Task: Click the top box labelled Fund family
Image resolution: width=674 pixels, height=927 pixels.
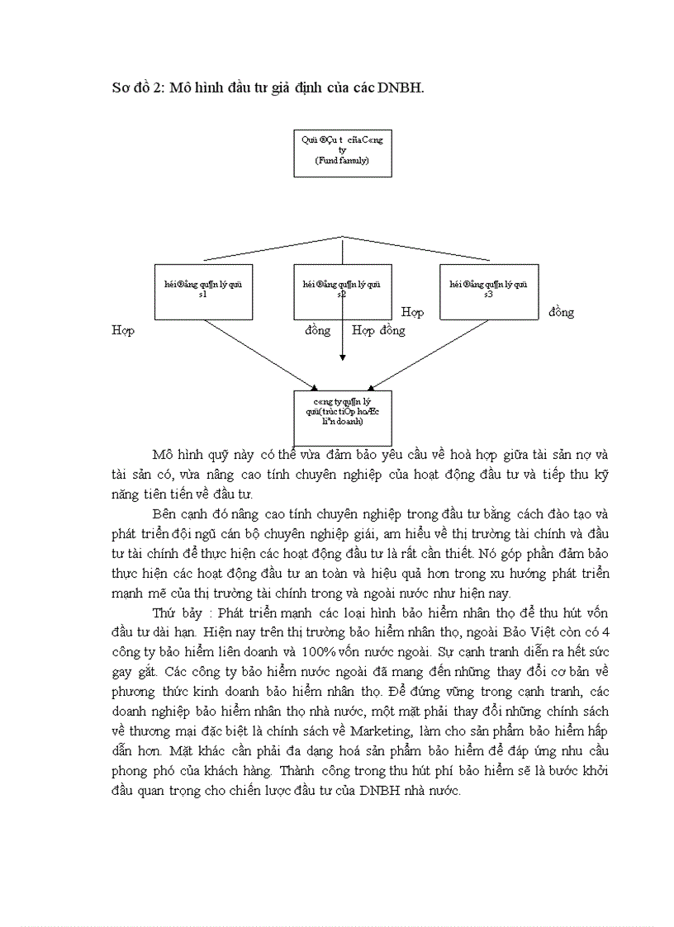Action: click(342, 153)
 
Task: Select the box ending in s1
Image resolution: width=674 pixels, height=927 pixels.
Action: click(203, 291)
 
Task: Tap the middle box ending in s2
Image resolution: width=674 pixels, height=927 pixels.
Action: click(342, 291)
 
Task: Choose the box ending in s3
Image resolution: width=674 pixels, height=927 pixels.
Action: click(489, 291)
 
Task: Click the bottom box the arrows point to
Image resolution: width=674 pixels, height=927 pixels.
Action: click(342, 417)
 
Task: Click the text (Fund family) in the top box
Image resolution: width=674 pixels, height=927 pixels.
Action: click(342, 160)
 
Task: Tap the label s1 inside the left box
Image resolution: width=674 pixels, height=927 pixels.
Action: click(203, 295)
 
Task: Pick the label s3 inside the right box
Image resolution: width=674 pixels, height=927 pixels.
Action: click(489, 295)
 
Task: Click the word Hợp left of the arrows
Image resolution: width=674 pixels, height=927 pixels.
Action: click(123, 330)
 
